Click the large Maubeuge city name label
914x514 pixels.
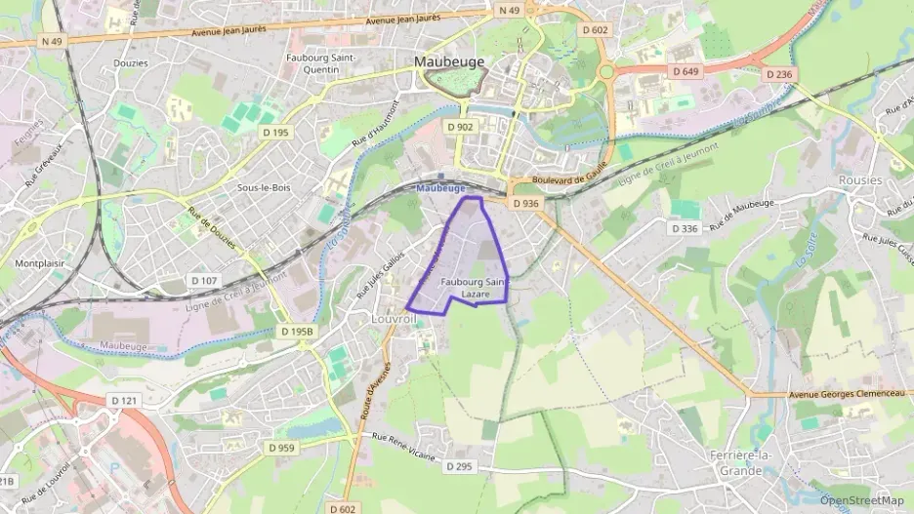[451, 61]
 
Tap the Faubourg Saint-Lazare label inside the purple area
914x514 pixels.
[474, 288]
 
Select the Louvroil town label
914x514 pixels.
[395, 319]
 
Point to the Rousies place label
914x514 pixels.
[860, 180]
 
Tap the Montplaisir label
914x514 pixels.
[38, 263]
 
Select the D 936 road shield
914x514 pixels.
[524, 203]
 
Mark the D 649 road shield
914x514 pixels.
[686, 71]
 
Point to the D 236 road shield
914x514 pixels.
[778, 74]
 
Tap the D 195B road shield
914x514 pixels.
[297, 332]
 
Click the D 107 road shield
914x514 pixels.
[204, 281]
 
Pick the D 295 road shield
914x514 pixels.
[460, 467]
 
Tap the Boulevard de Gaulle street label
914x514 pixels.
[570, 178]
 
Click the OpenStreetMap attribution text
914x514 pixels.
[861, 500]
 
